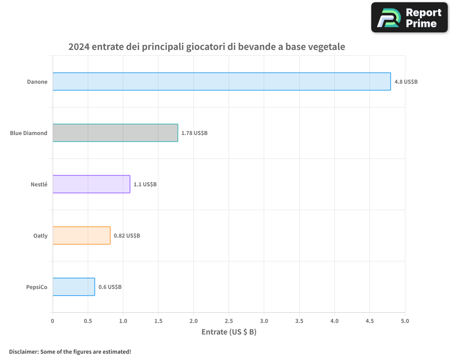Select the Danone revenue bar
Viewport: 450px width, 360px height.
(221, 81)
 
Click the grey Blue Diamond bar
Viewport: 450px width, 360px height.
(115, 133)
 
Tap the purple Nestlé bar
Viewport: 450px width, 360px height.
(91, 184)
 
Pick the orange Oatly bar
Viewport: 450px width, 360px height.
(81, 235)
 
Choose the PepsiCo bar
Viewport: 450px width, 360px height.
(74, 287)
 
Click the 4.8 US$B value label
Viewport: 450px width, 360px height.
(406, 82)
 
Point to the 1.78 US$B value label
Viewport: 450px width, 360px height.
(194, 133)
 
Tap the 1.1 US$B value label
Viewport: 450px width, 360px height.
(145, 184)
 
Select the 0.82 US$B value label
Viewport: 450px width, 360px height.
(126, 236)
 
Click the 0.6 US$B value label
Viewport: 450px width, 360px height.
(110, 287)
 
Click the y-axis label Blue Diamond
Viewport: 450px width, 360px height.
(29, 133)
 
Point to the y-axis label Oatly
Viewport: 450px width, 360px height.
(40, 236)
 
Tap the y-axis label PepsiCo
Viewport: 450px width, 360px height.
(36, 287)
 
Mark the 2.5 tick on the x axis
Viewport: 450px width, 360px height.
(229, 321)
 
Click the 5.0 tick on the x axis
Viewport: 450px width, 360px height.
(405, 321)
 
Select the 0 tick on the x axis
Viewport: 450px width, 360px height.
(53, 321)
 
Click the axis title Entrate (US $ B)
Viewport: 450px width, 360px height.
(229, 332)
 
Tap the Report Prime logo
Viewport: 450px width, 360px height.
(409, 18)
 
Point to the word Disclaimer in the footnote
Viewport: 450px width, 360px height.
(23, 351)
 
